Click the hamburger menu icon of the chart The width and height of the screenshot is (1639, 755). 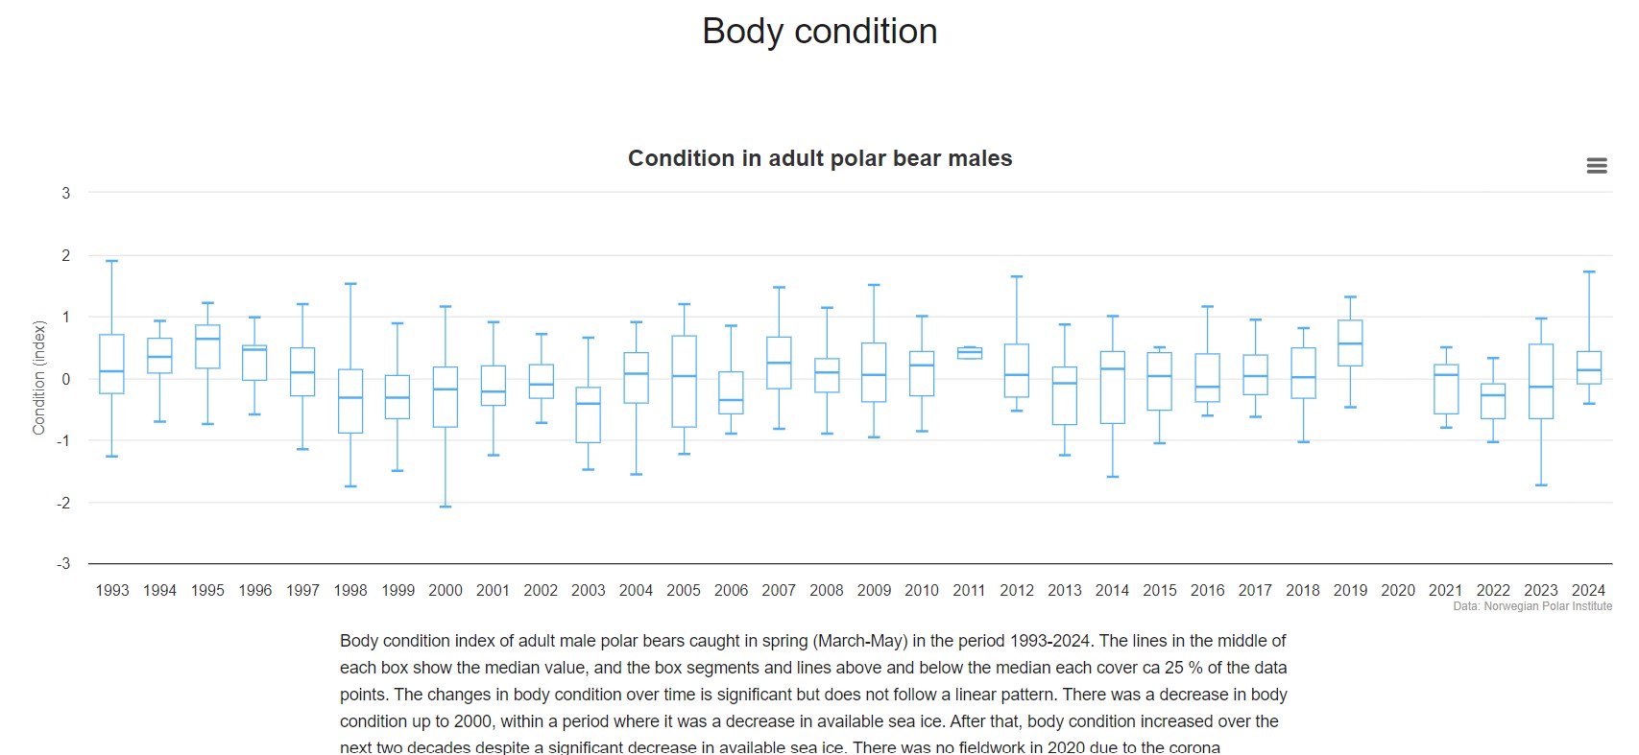point(1596,166)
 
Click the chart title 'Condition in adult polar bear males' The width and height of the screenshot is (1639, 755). point(819,158)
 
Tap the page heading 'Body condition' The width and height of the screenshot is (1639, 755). point(819,32)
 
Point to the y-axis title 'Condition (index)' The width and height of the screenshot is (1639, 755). point(39,378)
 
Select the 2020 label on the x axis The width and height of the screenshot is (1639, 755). point(1397,590)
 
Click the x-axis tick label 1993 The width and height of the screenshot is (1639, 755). point(112,590)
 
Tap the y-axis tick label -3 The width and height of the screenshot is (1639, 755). point(63,563)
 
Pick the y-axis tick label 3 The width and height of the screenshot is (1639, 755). point(66,193)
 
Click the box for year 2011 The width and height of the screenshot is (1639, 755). point(970,353)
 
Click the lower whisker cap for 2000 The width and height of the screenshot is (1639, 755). point(446,507)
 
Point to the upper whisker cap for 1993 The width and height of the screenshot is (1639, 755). point(112,261)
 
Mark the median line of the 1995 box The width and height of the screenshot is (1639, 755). point(207,339)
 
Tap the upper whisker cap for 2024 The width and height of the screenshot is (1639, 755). point(1588,271)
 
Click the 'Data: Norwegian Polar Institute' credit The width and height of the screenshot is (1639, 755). point(1532,606)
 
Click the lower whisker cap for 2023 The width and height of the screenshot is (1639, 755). point(1541,485)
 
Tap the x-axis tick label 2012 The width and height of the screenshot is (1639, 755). point(1017,590)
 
